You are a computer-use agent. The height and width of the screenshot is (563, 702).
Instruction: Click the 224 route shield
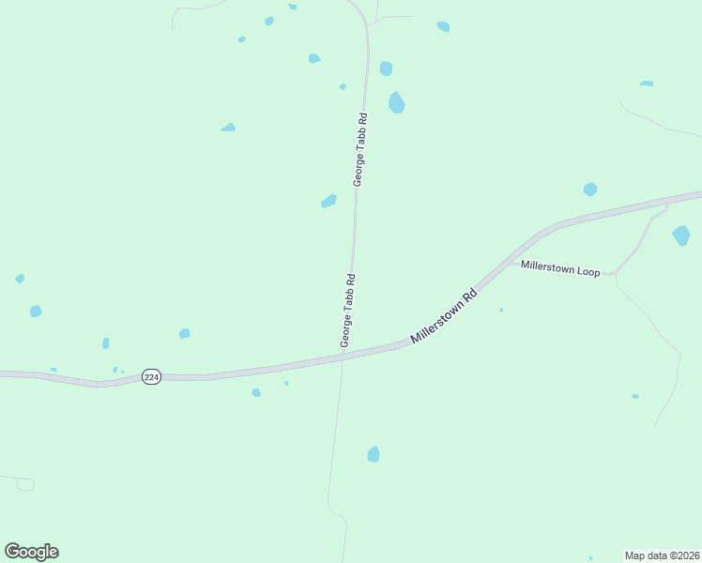pos(152,376)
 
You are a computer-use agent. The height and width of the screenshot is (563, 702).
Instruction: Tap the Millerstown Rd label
pos(445,315)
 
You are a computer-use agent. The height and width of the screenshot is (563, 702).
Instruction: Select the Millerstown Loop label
pos(560,270)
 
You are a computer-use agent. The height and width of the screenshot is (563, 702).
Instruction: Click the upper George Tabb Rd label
pos(359,149)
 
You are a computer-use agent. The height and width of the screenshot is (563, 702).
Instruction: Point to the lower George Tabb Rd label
pos(347,311)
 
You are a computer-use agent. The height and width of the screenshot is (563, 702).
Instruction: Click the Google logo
pos(32,552)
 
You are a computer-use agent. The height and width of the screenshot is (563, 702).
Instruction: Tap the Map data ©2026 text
pos(662,555)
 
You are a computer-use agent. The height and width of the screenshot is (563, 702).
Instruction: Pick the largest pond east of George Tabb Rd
pos(397,102)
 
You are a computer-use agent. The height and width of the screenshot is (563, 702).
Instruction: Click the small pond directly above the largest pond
pos(386,68)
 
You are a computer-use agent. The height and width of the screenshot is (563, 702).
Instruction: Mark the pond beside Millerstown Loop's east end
pos(681,235)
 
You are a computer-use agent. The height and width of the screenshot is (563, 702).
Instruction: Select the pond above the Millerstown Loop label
pos(590,190)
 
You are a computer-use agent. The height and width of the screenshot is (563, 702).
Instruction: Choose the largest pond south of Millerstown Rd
pos(374,454)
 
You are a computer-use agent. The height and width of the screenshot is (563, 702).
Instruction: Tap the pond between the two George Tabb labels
pos(328,201)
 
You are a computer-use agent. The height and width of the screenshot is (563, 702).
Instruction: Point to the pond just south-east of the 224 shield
pos(256,392)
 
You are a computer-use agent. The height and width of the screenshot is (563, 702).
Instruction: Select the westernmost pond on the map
pos(20,279)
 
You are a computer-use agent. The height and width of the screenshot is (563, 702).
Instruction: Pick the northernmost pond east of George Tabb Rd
pos(443,26)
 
